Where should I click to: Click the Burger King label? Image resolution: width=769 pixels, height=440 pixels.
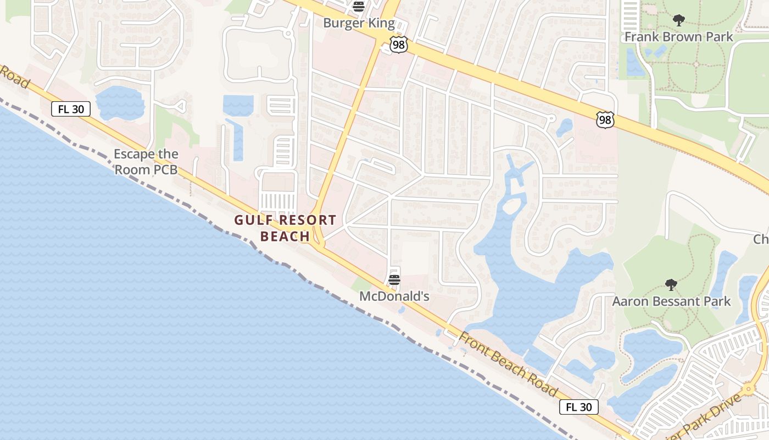(x=359, y=23)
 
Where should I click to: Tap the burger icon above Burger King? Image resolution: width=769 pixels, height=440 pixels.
(x=359, y=7)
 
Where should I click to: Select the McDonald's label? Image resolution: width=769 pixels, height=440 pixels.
(x=394, y=296)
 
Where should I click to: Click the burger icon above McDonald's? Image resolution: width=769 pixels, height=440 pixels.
(x=394, y=280)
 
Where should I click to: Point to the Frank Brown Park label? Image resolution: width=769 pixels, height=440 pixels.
(x=679, y=37)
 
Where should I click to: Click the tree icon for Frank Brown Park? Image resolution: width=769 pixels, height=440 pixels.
(x=679, y=20)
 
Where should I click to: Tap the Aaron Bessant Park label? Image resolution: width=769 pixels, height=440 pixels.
(x=671, y=301)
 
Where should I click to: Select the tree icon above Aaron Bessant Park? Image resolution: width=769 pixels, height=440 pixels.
(x=671, y=285)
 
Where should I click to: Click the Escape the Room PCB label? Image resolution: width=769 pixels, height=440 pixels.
(x=146, y=162)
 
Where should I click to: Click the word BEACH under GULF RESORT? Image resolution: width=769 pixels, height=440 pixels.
(x=285, y=237)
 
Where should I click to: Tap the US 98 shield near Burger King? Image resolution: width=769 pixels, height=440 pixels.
(x=399, y=45)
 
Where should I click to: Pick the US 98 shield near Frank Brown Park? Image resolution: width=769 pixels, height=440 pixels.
(x=605, y=120)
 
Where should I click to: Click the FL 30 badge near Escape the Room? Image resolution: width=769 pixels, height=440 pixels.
(x=71, y=109)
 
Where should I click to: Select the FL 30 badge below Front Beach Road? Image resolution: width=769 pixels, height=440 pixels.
(x=579, y=407)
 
